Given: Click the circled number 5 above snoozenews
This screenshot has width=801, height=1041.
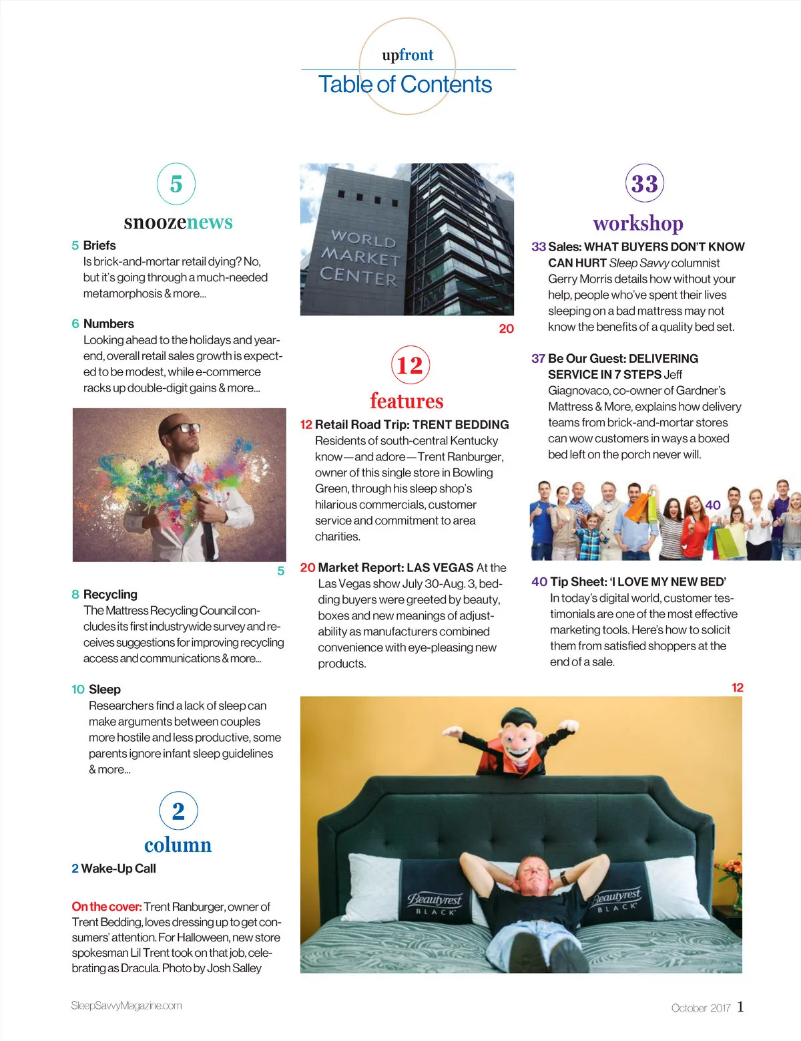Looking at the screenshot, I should click(176, 184).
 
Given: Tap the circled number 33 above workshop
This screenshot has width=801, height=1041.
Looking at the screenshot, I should click(644, 184).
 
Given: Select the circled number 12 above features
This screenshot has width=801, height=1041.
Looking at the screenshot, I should click(410, 365).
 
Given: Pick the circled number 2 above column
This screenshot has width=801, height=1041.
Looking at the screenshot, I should click(178, 810).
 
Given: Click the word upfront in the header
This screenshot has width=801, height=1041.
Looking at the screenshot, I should click(407, 55).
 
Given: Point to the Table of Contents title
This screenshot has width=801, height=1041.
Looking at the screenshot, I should click(405, 84).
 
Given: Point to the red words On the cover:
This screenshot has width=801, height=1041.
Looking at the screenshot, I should click(106, 907).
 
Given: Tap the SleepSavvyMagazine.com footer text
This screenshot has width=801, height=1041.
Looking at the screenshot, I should click(126, 1006).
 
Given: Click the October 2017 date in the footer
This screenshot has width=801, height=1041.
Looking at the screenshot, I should click(701, 1008).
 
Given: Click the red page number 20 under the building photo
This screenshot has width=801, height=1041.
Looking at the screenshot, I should click(506, 328).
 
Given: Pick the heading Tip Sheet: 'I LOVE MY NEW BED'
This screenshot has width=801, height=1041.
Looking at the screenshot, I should click(637, 582).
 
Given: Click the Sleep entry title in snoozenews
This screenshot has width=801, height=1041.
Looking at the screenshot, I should click(104, 689).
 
